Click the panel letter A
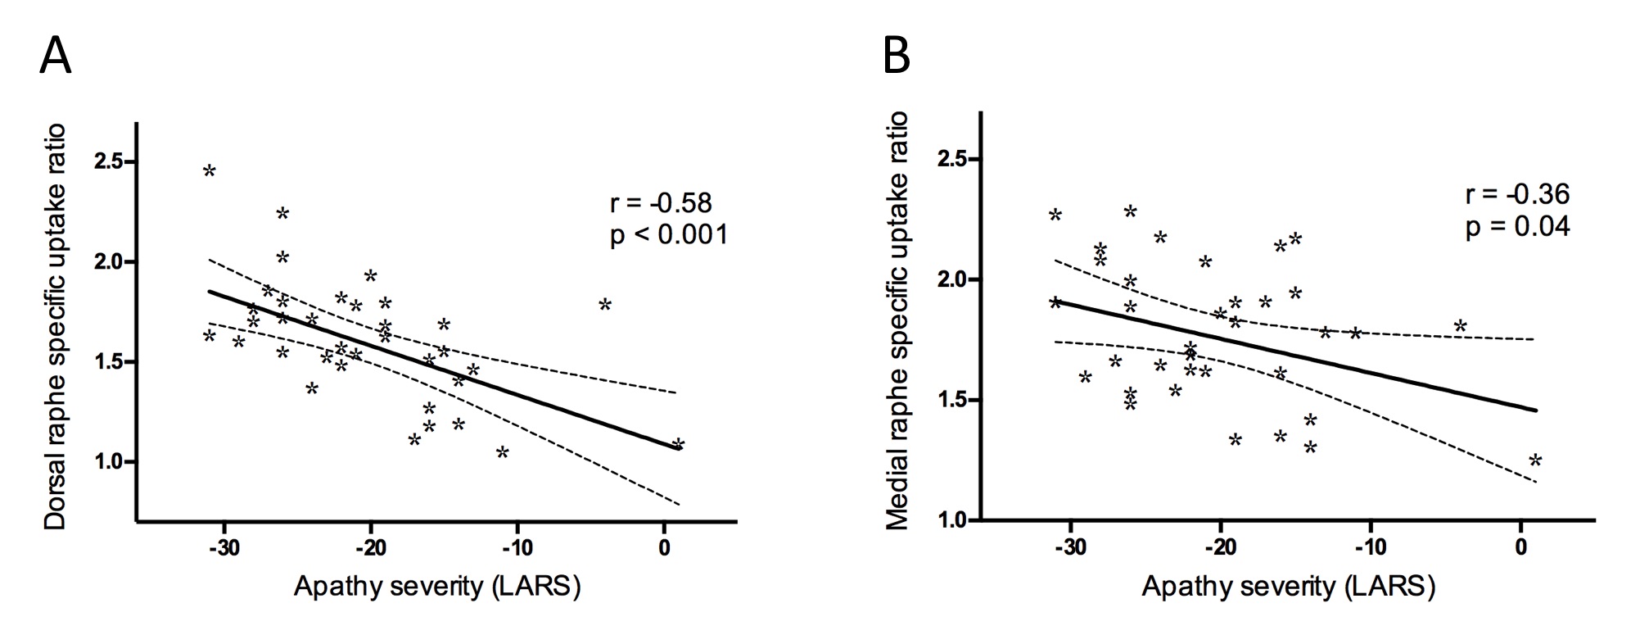coord(56,57)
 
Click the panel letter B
coord(897,57)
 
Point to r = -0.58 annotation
coord(661,202)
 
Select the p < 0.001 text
coord(669,236)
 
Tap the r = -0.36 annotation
coord(1517,194)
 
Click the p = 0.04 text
coord(1517,226)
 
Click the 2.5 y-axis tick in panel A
coord(109,161)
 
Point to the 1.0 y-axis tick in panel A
coord(109,462)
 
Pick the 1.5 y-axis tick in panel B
coord(953,400)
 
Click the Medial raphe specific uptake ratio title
coord(897,320)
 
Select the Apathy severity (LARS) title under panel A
coord(437,587)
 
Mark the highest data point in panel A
coord(210,171)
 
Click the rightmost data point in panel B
coord(1536,460)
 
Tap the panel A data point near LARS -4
coord(605,305)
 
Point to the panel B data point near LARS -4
coord(1461,326)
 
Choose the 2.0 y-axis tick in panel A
coord(109,262)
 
